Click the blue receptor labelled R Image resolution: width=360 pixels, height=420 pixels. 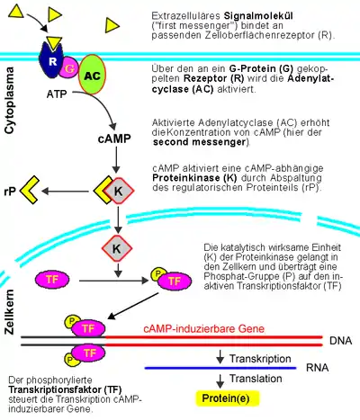click(x=51, y=61)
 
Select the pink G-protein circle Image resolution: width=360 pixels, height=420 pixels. click(x=69, y=68)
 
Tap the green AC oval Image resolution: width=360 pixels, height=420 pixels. click(x=92, y=75)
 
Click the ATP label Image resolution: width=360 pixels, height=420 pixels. click(x=57, y=94)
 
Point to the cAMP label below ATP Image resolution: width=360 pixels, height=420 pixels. click(x=114, y=139)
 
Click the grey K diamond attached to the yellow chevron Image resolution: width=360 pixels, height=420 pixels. click(x=119, y=191)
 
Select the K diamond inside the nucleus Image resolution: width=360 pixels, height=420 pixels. click(x=116, y=248)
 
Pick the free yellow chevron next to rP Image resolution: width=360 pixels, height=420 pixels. click(x=30, y=190)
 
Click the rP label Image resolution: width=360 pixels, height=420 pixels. click(x=10, y=191)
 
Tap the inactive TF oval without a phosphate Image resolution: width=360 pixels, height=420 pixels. click(x=52, y=280)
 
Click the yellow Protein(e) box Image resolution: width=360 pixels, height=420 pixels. click(x=228, y=398)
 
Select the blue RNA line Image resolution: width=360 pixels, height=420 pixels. click(x=220, y=368)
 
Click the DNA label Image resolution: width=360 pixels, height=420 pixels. click(x=341, y=341)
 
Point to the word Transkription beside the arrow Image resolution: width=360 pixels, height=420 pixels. click(x=260, y=359)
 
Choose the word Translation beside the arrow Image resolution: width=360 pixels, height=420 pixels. click(x=256, y=379)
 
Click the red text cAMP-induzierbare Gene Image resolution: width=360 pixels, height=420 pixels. click(x=204, y=329)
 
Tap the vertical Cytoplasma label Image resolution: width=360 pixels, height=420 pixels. click(x=9, y=100)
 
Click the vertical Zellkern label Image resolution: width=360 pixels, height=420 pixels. click(x=9, y=312)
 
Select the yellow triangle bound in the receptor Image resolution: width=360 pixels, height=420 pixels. click(x=54, y=42)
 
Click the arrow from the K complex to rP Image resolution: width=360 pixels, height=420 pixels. click(x=65, y=192)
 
